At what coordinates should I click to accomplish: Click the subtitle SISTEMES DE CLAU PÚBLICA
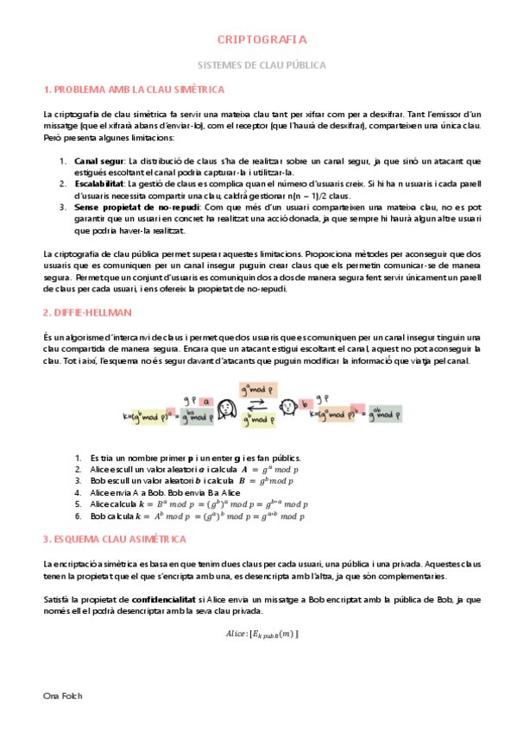coord(260,64)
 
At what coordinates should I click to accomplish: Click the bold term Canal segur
coord(99,160)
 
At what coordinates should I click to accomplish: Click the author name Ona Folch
coord(63,695)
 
